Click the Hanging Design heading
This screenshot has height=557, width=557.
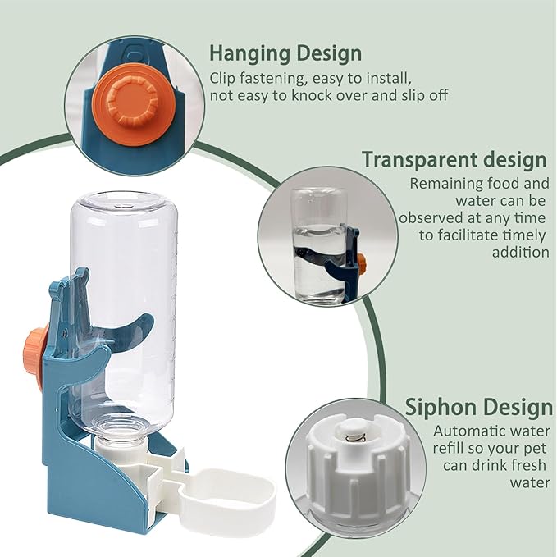(285, 54)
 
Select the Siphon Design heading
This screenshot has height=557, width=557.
(479, 407)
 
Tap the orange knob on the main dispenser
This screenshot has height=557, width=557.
(35, 358)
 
